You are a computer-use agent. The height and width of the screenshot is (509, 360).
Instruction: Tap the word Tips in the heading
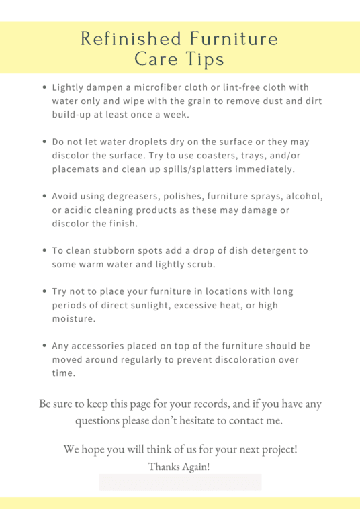pyautogui.click(x=205, y=59)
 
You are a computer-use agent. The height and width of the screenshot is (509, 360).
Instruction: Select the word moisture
pyautogui.click(x=73, y=319)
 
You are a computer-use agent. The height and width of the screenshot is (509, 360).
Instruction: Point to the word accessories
pyautogui.click(x=101, y=346)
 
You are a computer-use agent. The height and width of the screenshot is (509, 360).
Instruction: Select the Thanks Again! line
pyautogui.click(x=179, y=466)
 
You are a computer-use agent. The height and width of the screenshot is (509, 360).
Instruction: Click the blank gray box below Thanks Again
pyautogui.click(x=180, y=482)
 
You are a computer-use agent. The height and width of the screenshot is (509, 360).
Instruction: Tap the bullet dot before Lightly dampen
pyautogui.click(x=44, y=88)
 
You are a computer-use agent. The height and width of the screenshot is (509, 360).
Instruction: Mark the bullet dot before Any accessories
pyautogui.click(x=44, y=347)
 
